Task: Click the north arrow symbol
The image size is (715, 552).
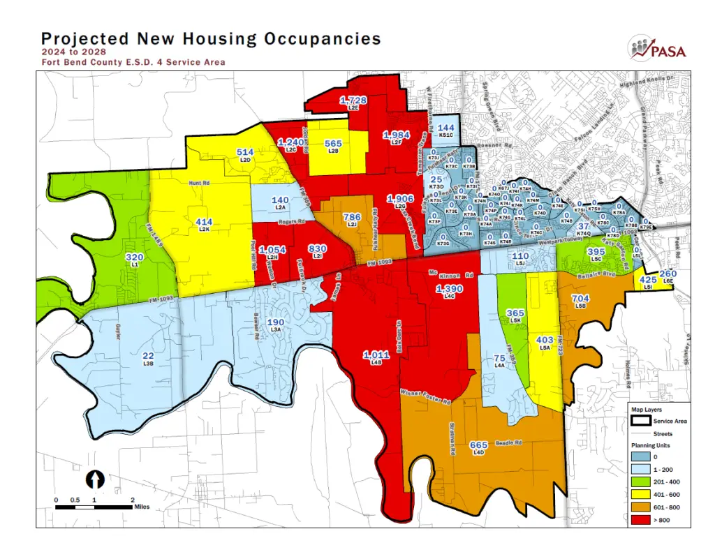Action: (x=95, y=479)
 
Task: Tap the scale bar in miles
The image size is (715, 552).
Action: (x=94, y=506)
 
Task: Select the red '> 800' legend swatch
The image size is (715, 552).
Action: (x=641, y=517)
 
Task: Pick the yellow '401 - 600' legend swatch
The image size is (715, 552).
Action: (x=641, y=493)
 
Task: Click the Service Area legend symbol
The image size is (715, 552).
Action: (x=641, y=421)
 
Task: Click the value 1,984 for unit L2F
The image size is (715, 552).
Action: (x=396, y=134)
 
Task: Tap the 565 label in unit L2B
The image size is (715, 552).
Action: (x=334, y=144)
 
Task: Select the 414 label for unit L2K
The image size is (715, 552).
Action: (x=204, y=222)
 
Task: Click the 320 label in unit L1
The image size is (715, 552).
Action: (x=134, y=258)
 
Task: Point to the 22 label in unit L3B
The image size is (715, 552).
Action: (x=148, y=357)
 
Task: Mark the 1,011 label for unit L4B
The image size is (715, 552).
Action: (x=376, y=355)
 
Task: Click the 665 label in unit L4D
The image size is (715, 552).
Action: (x=478, y=445)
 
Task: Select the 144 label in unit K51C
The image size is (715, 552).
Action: (x=446, y=128)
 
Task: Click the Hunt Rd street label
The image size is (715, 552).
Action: (x=198, y=184)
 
